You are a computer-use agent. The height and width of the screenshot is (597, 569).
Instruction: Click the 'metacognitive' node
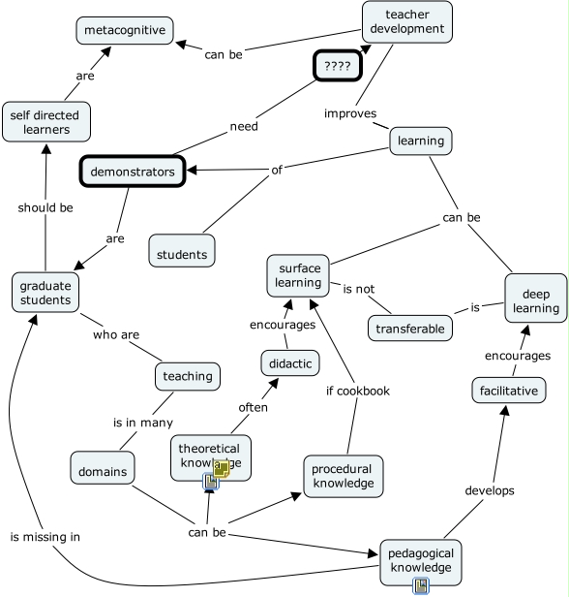click(x=125, y=30)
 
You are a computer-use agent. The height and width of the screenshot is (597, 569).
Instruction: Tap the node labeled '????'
click(x=337, y=67)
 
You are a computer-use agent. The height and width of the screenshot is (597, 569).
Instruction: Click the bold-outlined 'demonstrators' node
click(x=132, y=172)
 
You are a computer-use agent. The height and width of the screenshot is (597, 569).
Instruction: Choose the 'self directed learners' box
click(x=45, y=123)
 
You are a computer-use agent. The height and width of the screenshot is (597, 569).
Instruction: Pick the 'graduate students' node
click(x=45, y=292)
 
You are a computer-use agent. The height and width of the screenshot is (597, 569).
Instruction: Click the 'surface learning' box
click(x=299, y=275)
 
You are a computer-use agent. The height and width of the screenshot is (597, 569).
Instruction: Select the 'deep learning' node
click(x=535, y=300)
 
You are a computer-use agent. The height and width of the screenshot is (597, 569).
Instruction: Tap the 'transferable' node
click(x=410, y=329)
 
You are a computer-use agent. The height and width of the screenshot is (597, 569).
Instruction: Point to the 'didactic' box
click(x=289, y=363)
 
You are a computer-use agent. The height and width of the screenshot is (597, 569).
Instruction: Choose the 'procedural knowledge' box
click(x=342, y=476)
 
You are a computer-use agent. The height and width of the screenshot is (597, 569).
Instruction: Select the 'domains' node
click(x=102, y=469)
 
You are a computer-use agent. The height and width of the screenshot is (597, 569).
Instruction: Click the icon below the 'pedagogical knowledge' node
click(x=420, y=585)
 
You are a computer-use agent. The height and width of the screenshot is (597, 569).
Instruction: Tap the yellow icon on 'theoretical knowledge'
click(x=222, y=469)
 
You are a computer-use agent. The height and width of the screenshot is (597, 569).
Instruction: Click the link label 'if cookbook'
click(x=357, y=391)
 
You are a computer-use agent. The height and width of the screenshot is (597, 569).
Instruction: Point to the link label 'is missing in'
click(x=45, y=536)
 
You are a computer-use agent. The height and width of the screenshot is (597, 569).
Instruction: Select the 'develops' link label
click(x=489, y=490)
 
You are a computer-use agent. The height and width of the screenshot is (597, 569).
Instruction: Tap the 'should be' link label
click(x=45, y=206)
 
